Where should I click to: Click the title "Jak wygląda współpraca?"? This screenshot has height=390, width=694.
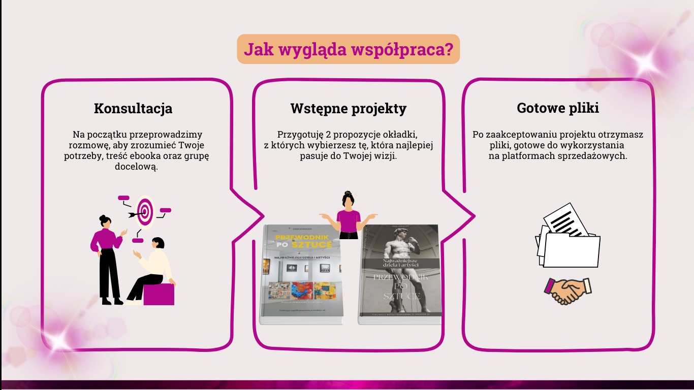(x=348, y=49)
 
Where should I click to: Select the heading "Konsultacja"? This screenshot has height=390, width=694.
(x=133, y=108)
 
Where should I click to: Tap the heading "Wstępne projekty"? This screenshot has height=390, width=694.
(x=349, y=109)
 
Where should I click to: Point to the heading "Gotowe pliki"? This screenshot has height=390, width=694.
(x=558, y=108)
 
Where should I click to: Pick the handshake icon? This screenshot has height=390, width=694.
(x=567, y=290)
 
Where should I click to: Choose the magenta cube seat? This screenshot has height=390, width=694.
(x=159, y=294)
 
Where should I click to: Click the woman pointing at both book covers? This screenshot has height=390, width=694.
(x=349, y=216)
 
